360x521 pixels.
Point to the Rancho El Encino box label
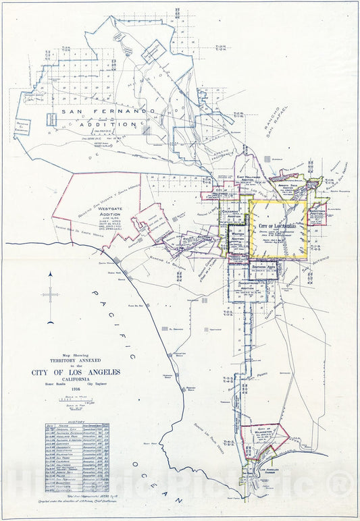[22, 126]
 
